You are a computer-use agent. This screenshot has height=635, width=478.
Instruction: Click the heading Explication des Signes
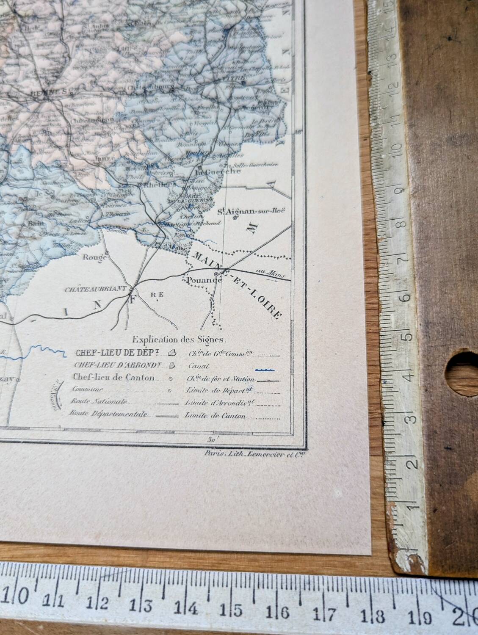(x=180, y=339)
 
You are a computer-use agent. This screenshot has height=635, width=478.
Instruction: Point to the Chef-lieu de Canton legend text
(x=113, y=377)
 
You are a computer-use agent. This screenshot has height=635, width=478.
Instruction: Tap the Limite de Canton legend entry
(x=215, y=416)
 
